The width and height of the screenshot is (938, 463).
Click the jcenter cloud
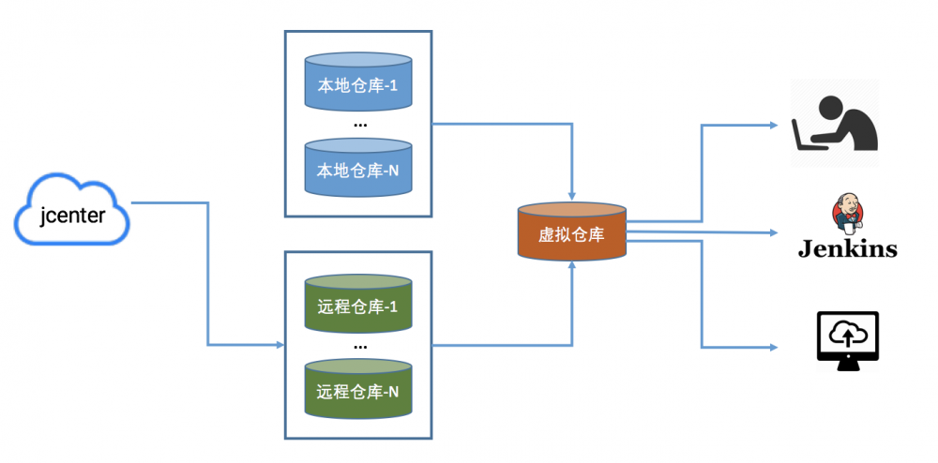pos(72,211)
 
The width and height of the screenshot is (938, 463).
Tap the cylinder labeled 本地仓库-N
pos(358,167)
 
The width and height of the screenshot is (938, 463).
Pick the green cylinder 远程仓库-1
pos(358,304)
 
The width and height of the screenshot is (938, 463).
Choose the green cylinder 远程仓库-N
pos(358,388)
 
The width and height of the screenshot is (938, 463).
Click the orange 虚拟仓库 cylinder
pos(572,231)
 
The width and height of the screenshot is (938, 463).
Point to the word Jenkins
pos(848,248)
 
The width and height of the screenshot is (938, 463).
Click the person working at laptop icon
pos(835,123)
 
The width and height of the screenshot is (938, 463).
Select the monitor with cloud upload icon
pos(848,341)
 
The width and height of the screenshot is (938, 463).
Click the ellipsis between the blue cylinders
pos(360,126)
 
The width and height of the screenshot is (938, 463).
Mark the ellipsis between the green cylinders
pos(360,347)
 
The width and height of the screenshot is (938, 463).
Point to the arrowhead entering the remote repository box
pos(280,345)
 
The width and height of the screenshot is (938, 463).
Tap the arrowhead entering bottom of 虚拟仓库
pos(572,266)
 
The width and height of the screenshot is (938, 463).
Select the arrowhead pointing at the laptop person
pos(773,126)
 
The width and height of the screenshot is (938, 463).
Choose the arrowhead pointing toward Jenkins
pos(773,232)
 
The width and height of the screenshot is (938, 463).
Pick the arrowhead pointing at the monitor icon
pos(773,347)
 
